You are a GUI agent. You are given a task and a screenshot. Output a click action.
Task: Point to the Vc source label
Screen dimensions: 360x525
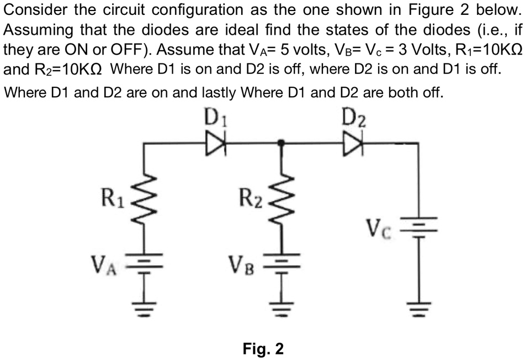[380, 226]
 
